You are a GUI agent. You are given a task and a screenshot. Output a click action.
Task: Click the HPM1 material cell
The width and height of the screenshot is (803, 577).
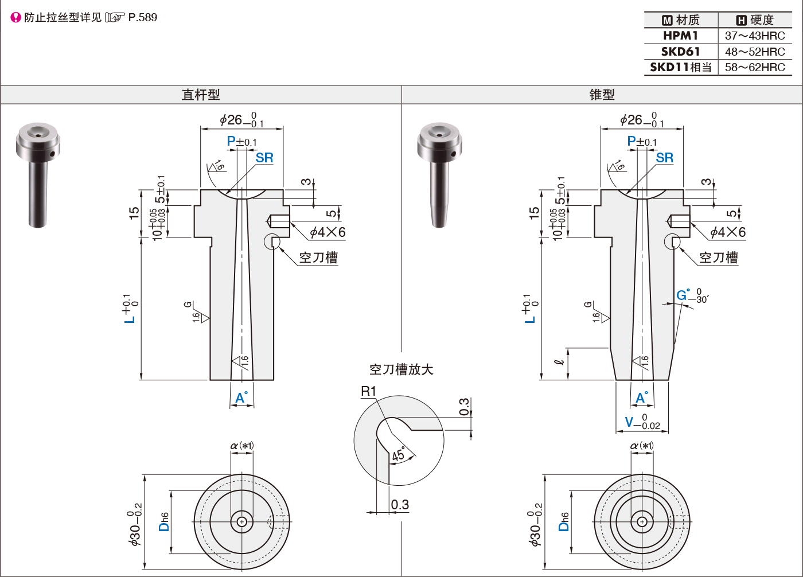681,36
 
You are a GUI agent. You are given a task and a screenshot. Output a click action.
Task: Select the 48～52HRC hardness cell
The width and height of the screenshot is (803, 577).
755,52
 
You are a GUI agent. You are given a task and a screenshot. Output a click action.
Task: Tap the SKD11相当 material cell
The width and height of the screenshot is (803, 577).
681,67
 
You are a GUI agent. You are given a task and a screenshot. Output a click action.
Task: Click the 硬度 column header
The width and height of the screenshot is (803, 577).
755,20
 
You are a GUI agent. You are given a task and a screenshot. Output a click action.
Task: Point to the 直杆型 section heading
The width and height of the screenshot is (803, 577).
201,95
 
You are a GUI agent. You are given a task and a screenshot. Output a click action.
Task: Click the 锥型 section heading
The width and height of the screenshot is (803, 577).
602,95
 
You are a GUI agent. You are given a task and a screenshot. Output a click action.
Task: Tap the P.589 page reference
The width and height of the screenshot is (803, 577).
142,17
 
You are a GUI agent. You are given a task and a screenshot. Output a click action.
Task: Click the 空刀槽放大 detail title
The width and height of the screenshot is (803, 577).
401,369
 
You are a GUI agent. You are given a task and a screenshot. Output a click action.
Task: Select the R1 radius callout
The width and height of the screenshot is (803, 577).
368,391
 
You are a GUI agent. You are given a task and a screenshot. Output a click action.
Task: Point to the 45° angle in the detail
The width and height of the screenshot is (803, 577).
398,455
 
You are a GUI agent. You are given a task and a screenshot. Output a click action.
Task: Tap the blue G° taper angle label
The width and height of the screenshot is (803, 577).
683,295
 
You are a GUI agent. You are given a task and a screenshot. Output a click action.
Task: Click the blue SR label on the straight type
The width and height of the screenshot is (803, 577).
264,158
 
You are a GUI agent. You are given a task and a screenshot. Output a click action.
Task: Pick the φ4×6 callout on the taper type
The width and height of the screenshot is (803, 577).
728,232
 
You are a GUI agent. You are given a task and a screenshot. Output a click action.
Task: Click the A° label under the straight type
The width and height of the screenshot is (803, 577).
241,397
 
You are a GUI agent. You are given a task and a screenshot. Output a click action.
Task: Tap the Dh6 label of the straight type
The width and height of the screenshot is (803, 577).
164,521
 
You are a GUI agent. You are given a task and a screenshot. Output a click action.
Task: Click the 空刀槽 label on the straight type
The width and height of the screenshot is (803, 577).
318,258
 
